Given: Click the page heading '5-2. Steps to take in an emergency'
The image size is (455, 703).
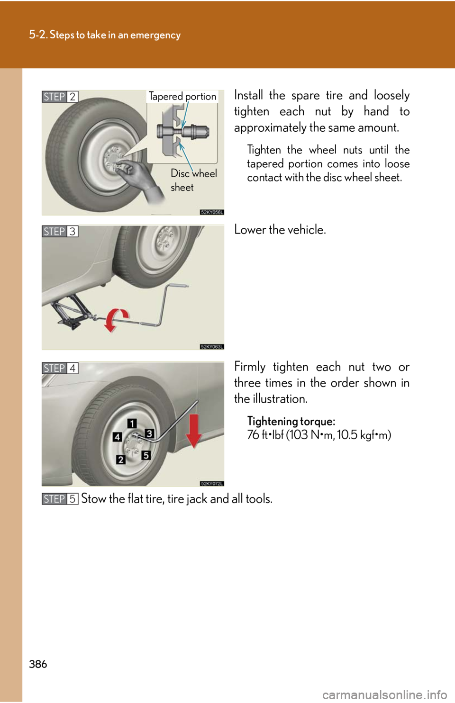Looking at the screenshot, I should [x=105, y=35].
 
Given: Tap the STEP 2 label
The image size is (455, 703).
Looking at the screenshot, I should [x=60, y=97].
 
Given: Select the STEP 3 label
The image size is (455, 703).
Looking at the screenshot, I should [x=60, y=231].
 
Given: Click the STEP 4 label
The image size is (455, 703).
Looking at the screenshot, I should [x=60, y=368].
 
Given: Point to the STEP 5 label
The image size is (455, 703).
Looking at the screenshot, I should [x=60, y=499].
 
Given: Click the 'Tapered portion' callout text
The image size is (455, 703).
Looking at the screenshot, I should [x=182, y=97].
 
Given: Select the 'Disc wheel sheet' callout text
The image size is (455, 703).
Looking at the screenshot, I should [x=193, y=180].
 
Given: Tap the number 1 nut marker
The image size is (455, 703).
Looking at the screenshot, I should [x=132, y=423].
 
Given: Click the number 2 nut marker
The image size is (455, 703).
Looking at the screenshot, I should [x=121, y=459].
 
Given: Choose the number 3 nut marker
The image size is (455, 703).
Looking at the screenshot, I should [x=149, y=433].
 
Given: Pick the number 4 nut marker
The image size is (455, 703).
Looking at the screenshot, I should [x=117, y=437].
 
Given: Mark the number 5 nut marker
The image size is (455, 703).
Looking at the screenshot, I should [x=146, y=455].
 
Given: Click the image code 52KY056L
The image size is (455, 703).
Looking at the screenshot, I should [x=212, y=212].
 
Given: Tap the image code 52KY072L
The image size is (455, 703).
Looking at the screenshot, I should [x=212, y=484].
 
